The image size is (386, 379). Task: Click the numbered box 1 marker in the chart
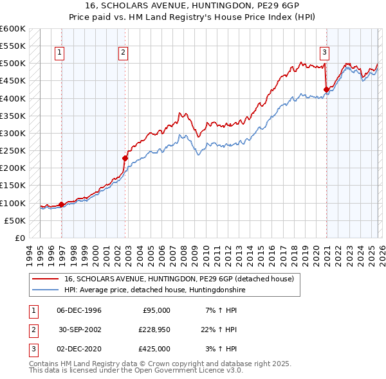pos(59,53)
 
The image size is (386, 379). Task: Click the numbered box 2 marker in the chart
pos(123,53)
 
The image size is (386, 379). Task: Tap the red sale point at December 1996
pos(62,204)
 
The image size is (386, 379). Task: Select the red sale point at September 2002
pos(125,158)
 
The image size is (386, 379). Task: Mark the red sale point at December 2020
pos(326,89)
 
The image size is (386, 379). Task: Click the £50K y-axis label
pos(15,220)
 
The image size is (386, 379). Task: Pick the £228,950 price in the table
pos(152,329)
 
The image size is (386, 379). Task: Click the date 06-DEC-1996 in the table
pos(79,310)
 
